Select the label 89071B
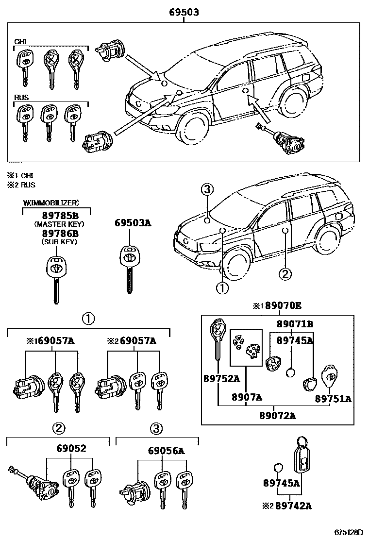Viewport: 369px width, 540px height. (x=295, y=323)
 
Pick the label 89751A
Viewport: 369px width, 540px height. (x=333, y=399)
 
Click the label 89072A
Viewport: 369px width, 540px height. (x=278, y=415)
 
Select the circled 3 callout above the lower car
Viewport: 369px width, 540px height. (x=207, y=190)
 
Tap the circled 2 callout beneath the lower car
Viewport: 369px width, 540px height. (x=285, y=274)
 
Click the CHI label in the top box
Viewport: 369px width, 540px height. (x=20, y=42)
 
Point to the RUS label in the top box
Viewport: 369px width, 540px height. (x=21, y=98)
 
